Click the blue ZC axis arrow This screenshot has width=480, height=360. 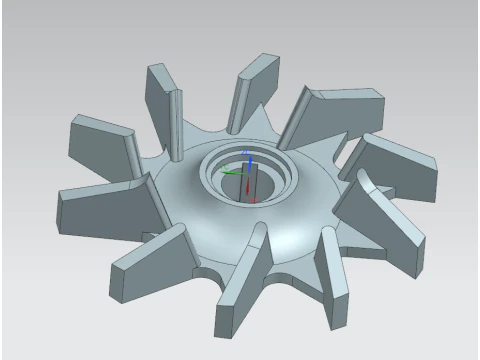coord(249,161)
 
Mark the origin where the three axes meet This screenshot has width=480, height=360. coord(249,172)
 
